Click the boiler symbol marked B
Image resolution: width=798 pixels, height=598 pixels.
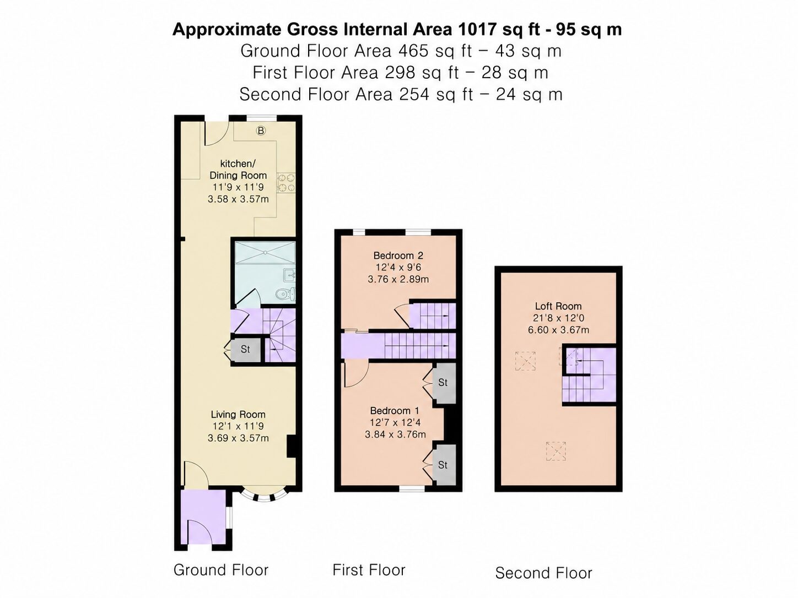pos(261,131)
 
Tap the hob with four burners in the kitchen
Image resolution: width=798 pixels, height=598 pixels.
pos(286,183)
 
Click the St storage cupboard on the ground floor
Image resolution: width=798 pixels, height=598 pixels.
pos(246,349)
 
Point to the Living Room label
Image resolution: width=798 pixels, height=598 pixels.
pos(238,414)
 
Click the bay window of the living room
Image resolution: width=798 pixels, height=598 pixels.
pos(265,496)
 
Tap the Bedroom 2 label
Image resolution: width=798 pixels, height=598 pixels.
pos(398,255)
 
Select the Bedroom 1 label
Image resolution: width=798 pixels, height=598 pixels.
pos(395,411)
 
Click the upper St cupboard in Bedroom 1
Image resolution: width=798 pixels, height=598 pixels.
pos(443,383)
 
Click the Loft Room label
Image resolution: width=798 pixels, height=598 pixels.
pos(558,306)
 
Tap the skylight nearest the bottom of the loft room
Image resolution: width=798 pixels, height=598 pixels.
pos(556,451)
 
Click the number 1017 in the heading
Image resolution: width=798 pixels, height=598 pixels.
pos(477,29)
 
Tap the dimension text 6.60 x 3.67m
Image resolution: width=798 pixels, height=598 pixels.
pos(558,330)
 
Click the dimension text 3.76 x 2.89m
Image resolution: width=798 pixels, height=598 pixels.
pos(398,279)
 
